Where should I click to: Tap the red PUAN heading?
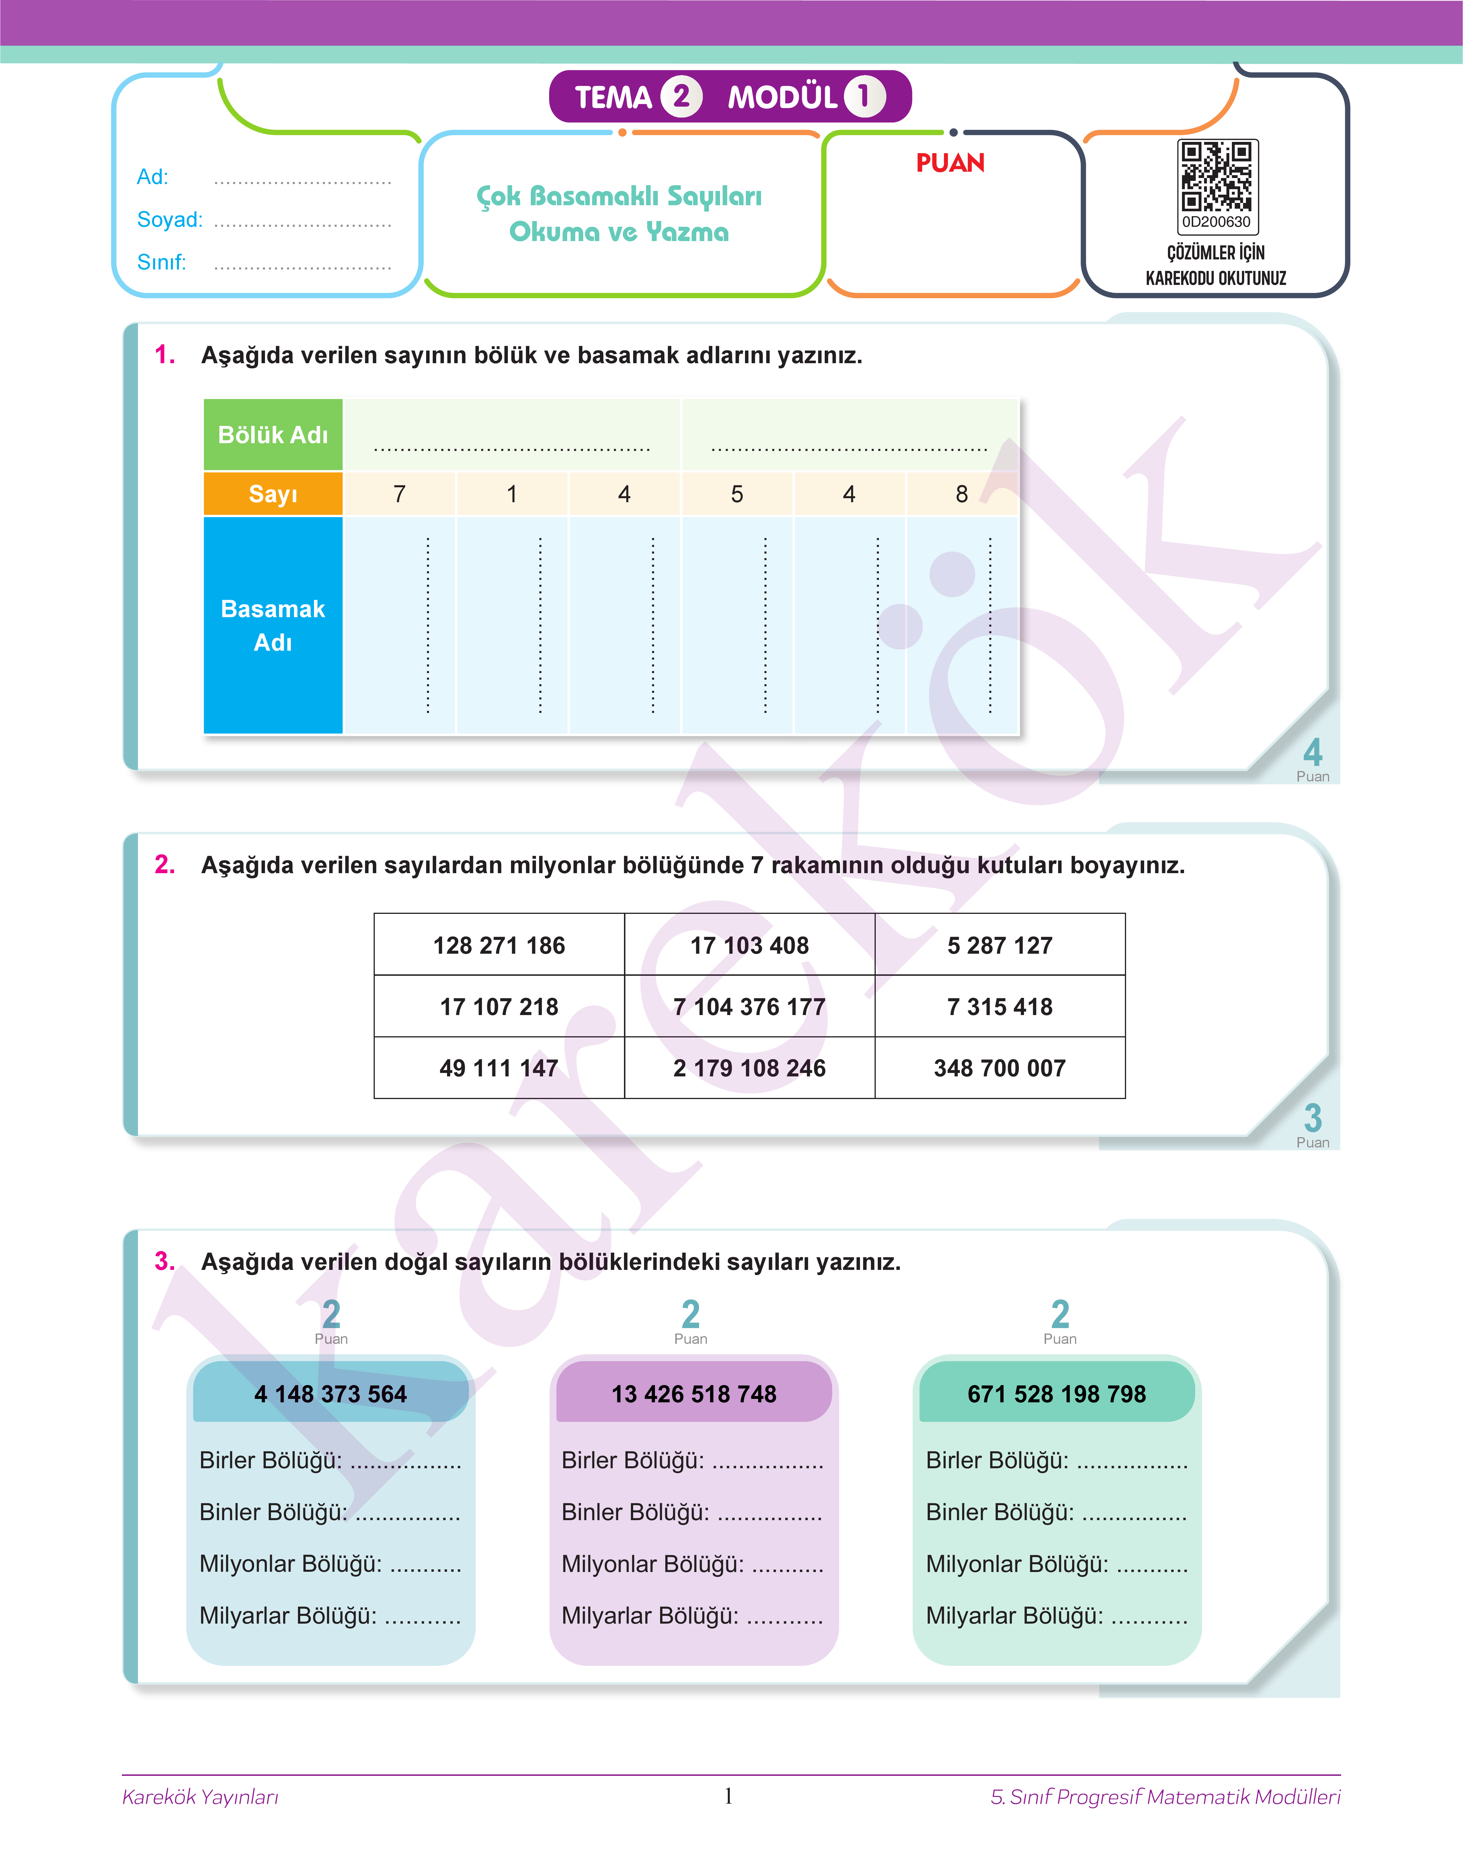pyautogui.click(x=950, y=163)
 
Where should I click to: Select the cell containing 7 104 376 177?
pyautogui.click(x=750, y=1007)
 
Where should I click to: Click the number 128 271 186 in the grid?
pyautogui.click(x=499, y=945)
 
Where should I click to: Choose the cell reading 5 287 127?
pyautogui.click(x=1000, y=945)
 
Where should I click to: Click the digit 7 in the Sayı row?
pyautogui.click(x=399, y=494)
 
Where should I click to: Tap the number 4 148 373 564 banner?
pyautogui.click(x=331, y=1394)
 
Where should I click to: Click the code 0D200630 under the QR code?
pyautogui.click(x=1216, y=222)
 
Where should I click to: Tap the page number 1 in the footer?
pyautogui.click(x=728, y=1795)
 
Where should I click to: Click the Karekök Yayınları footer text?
pyautogui.click(x=200, y=1797)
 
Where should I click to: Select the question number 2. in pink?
pyautogui.click(x=165, y=865)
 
